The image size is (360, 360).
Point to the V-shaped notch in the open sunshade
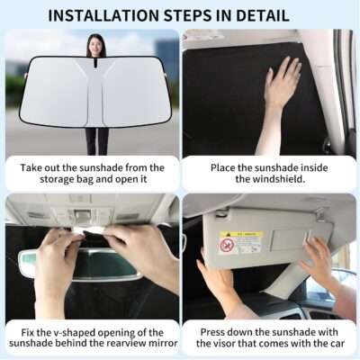(x=95, y=76)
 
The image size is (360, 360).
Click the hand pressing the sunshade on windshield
(x=281, y=85)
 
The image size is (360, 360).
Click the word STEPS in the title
(x=191, y=15)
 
